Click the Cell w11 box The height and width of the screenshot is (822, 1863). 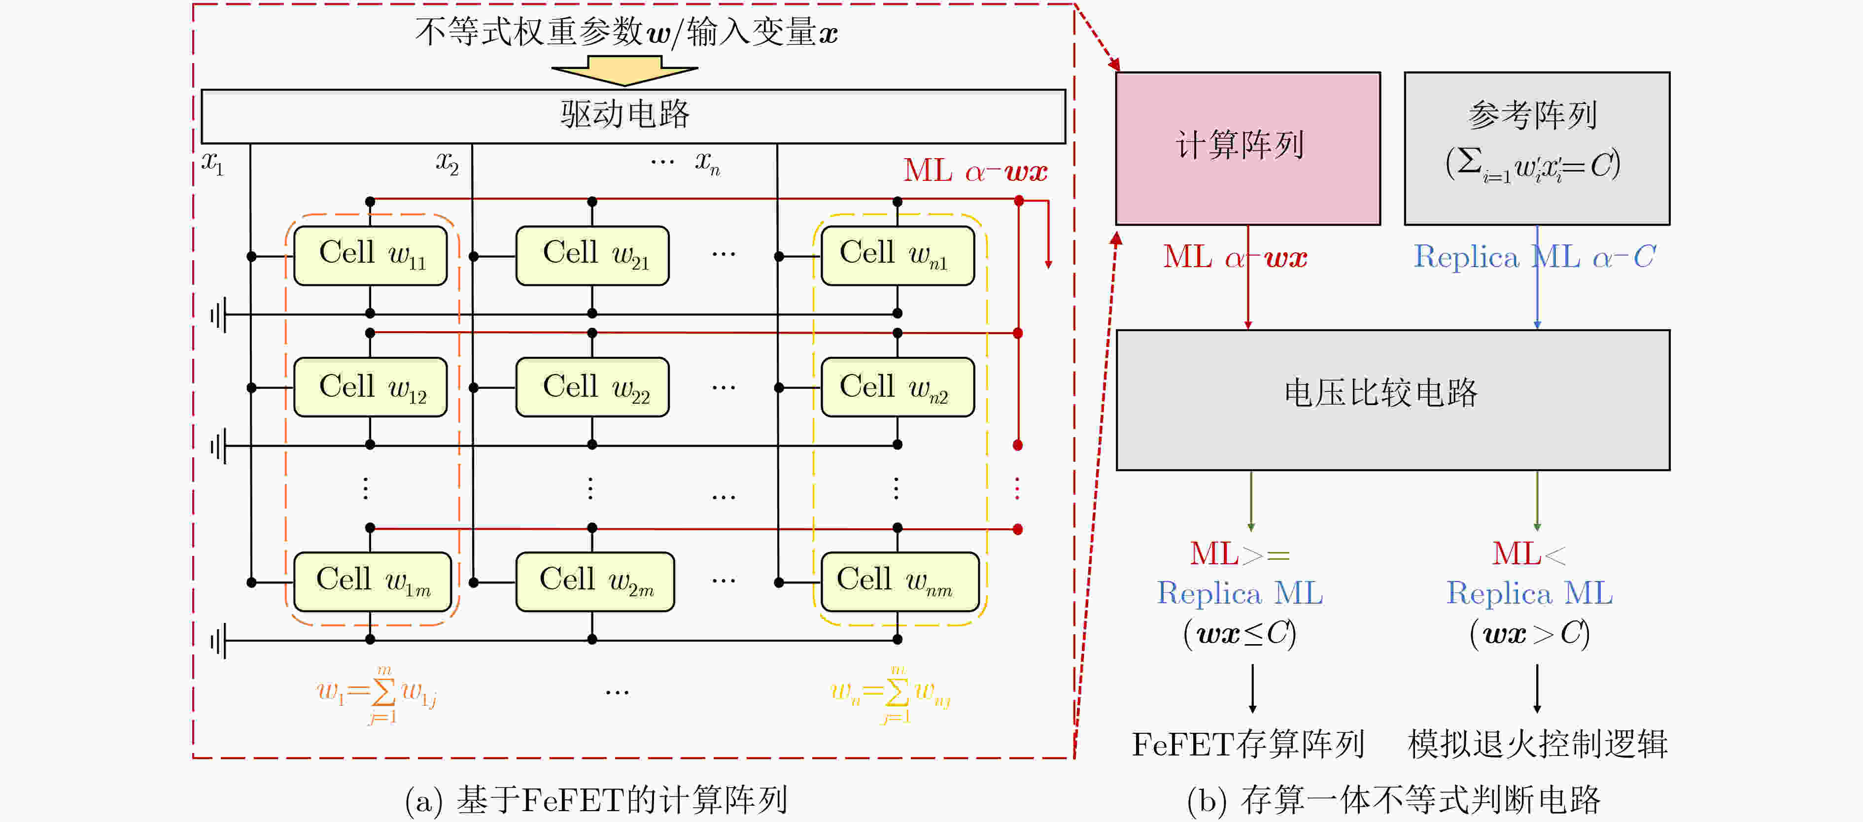click(370, 256)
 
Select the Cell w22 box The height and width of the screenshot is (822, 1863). click(592, 387)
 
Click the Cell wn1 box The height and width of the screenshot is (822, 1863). click(897, 256)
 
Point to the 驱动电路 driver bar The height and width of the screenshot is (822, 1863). click(633, 116)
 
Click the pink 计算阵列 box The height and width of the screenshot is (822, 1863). click(1247, 148)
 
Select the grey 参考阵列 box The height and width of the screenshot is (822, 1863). click(1537, 148)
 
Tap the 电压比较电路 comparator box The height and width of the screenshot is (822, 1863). click(1392, 400)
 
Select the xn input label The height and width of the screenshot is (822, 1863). click(707, 163)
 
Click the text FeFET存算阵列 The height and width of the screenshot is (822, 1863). click(1247, 745)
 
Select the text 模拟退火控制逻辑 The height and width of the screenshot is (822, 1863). click(1537, 745)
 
